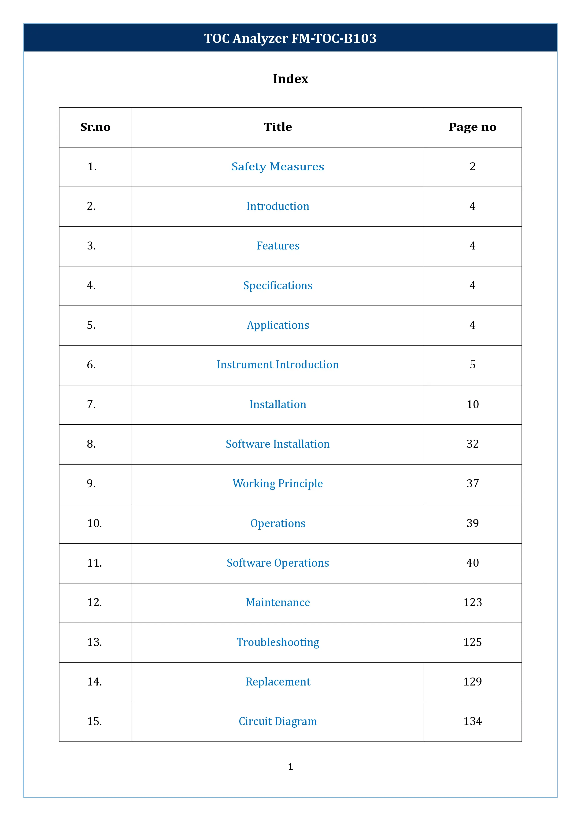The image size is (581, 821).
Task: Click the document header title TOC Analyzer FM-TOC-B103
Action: click(x=290, y=38)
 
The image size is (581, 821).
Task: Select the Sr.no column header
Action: click(x=95, y=127)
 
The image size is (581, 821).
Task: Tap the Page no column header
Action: click(x=472, y=127)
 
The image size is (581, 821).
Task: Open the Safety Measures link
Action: click(x=278, y=167)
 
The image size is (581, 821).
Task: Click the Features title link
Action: click(x=278, y=246)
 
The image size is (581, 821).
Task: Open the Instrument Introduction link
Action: click(x=278, y=365)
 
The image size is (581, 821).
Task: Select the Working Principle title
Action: click(x=278, y=484)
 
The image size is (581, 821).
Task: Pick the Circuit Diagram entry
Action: click(x=278, y=721)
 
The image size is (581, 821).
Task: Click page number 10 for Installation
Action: click(x=472, y=404)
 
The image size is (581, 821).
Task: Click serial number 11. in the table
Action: click(x=94, y=563)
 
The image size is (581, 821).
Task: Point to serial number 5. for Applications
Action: click(x=91, y=325)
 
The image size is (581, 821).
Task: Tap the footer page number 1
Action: click(x=290, y=767)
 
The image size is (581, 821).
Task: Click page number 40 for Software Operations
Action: click(x=472, y=563)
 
